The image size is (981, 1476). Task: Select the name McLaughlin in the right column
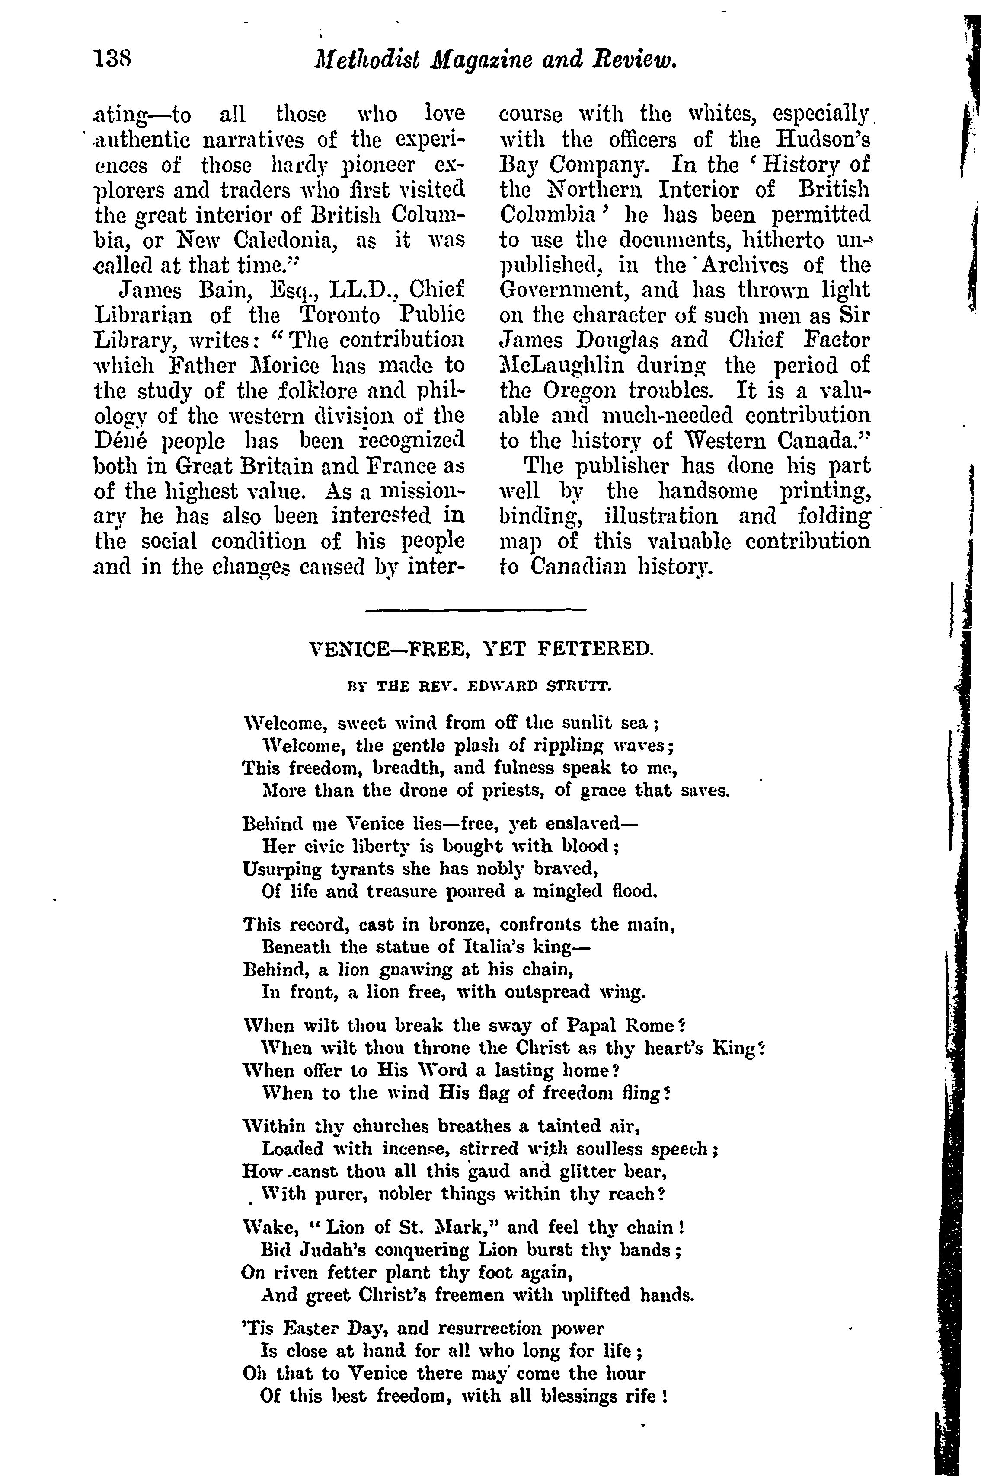561,366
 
